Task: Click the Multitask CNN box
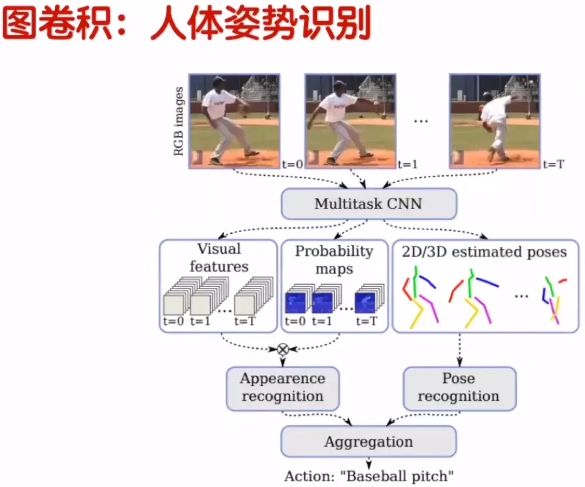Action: point(369,204)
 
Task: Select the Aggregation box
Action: point(369,441)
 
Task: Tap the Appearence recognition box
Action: point(282,387)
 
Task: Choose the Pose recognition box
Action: point(459,387)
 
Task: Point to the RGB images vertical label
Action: point(178,120)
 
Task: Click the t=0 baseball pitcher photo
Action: point(234,120)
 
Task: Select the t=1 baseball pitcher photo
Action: point(349,120)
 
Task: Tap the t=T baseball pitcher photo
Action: point(494,120)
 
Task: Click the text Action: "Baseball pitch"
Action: point(369,477)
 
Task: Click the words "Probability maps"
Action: point(334,260)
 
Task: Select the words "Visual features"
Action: point(219,258)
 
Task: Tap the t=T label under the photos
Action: point(552,163)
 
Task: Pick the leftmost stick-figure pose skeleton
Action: point(420,297)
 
